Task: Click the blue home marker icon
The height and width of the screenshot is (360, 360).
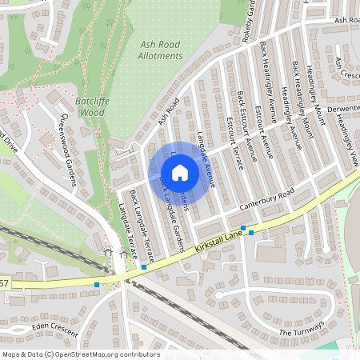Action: [x=180, y=173]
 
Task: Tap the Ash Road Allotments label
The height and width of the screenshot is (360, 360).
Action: [x=160, y=51]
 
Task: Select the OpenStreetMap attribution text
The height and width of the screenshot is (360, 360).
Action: [x=80, y=354]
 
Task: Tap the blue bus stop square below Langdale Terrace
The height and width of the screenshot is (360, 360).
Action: [x=144, y=267]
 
